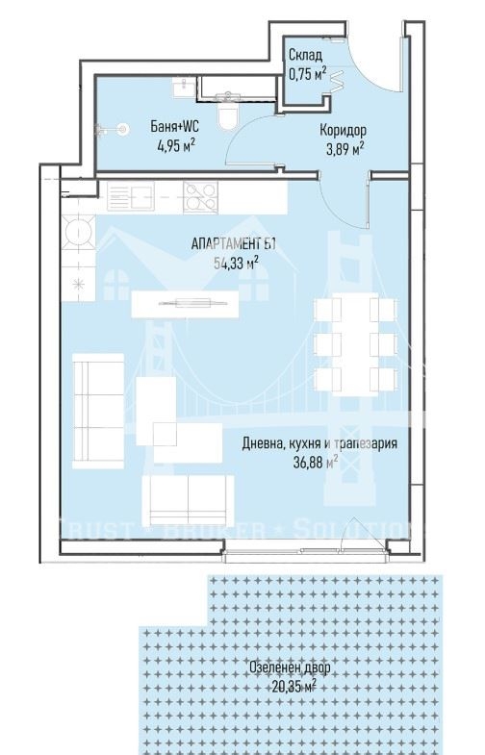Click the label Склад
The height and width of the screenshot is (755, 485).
[305, 55]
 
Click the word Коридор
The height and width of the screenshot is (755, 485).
[343, 130]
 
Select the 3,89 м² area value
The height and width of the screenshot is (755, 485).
[345, 148]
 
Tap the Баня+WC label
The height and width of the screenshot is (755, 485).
[175, 127]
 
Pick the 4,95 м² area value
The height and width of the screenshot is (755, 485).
[176, 145]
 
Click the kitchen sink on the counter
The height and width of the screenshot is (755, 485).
[131, 196]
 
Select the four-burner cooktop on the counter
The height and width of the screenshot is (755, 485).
[200, 197]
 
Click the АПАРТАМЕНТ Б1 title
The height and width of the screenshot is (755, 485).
[234, 244]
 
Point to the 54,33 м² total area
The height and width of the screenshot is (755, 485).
[236, 263]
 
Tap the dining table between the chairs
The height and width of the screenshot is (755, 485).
[355, 345]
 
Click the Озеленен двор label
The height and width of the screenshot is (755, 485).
[290, 667]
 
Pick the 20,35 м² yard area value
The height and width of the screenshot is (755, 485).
[294, 686]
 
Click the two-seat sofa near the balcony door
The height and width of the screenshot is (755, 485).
[188, 501]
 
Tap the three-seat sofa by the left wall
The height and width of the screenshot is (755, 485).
[98, 412]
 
